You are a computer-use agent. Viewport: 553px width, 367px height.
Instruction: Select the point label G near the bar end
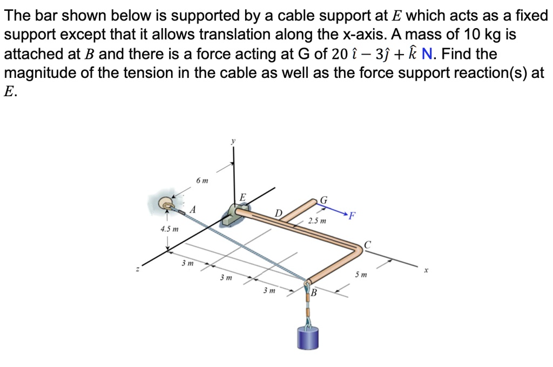point(324,201)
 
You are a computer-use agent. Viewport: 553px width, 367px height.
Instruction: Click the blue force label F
point(352,218)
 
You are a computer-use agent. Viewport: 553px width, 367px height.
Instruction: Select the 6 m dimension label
point(201,180)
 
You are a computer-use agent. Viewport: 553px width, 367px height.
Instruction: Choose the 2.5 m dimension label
point(317,221)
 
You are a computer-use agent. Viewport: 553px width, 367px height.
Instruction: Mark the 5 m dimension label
point(361,275)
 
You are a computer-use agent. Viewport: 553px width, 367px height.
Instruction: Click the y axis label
point(233,141)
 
